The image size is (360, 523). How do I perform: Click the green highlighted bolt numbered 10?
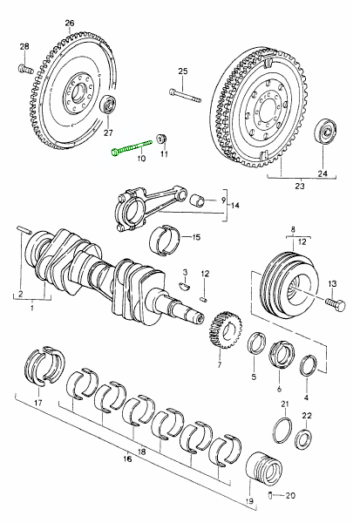point(132,146)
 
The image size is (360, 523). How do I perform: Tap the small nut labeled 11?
point(162,138)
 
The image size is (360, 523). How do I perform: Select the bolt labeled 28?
point(25,69)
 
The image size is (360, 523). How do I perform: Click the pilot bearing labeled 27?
point(108,105)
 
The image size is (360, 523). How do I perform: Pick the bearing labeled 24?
point(326,131)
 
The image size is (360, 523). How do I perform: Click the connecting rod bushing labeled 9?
point(197,200)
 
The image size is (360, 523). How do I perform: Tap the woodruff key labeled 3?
point(185,285)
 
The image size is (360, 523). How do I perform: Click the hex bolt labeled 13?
point(336,304)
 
